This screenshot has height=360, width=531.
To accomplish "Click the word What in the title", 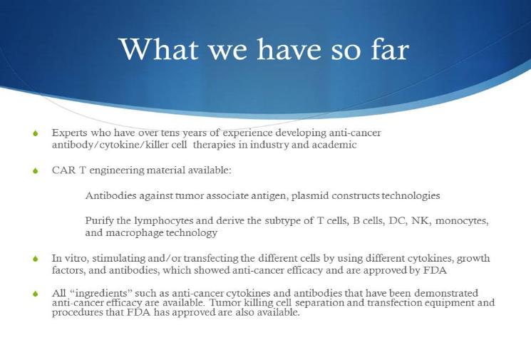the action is (158, 49).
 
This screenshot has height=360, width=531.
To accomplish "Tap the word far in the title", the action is (391, 49).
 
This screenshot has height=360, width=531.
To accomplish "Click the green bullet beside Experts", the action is (36, 133).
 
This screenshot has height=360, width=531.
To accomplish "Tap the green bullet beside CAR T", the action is (36, 170).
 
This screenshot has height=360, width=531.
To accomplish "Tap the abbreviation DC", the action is (398, 220).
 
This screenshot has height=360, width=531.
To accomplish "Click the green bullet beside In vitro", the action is (36, 259).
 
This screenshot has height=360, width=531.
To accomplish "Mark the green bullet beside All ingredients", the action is (36, 294).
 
